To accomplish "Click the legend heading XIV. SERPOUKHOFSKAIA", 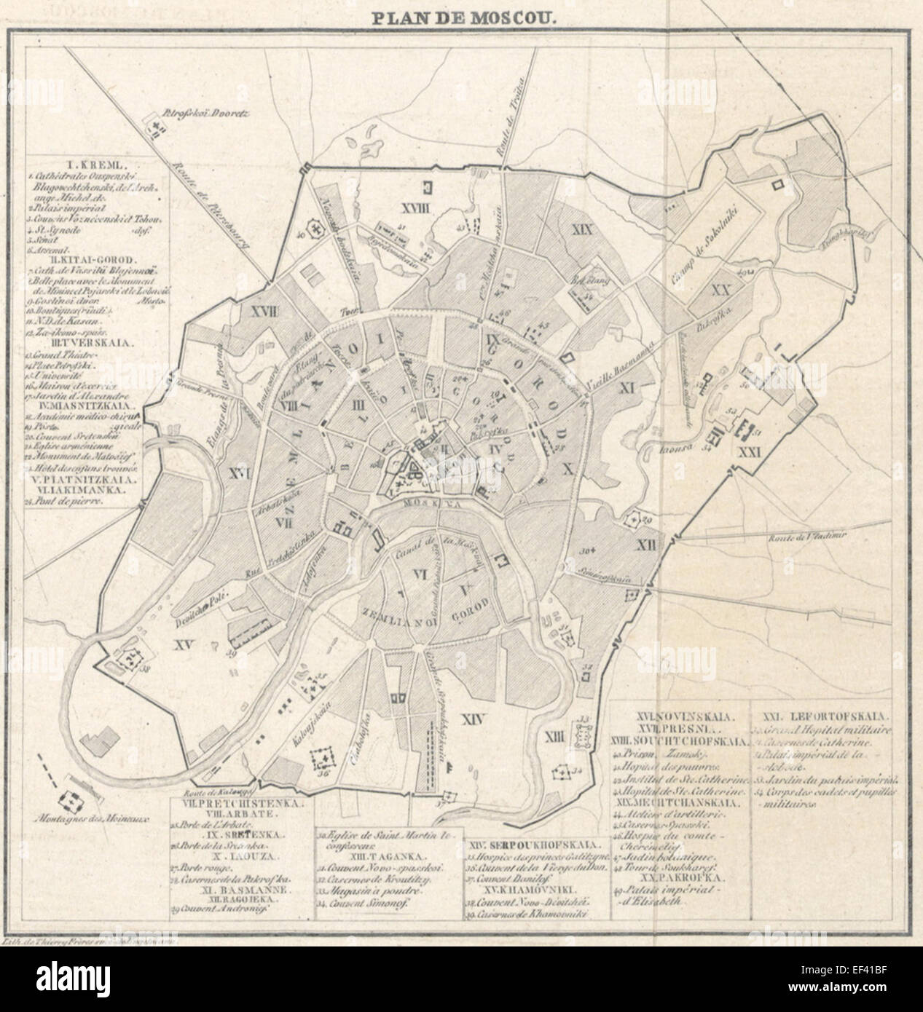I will pos(535,846).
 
